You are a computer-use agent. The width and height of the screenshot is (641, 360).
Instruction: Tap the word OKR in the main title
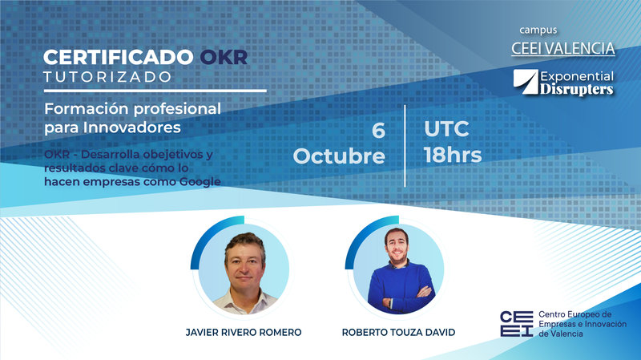pos(224,58)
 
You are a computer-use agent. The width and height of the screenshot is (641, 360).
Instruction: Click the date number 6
pos(378,131)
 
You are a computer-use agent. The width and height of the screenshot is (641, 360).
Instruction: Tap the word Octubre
pos(339,156)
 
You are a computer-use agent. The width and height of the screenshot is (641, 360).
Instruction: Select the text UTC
pos(446,129)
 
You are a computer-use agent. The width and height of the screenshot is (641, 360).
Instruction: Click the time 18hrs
pos(452,155)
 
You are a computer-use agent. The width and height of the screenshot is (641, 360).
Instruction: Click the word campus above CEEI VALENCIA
pos(538,30)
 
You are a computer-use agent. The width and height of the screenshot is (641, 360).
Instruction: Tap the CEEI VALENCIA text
pos(563,48)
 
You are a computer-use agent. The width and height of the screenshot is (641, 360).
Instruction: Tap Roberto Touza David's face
pos(399,254)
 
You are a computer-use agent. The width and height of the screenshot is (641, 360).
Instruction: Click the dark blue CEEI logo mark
pos(515,323)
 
